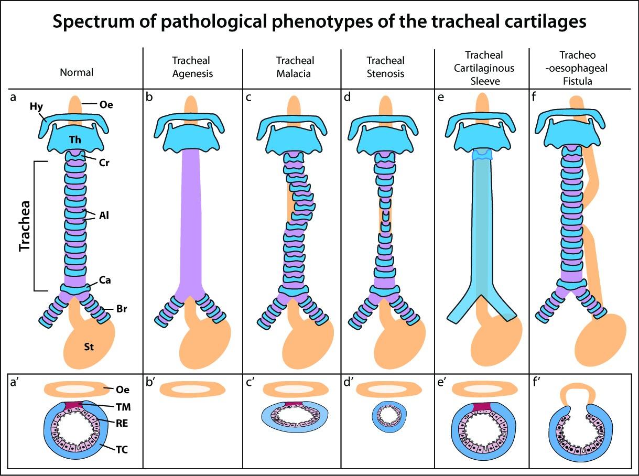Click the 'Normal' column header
pyautogui.click(x=77, y=72)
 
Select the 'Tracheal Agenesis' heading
pyautogui.click(x=192, y=67)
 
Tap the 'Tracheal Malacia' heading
pyautogui.click(x=295, y=67)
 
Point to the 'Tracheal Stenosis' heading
pyautogui.click(x=385, y=67)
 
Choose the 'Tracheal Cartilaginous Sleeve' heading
pyautogui.click(x=484, y=68)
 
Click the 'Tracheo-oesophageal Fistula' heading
pyautogui.click(x=577, y=68)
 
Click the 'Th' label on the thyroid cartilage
pyautogui.click(x=75, y=140)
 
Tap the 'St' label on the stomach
pyautogui.click(x=89, y=347)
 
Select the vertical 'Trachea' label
pyautogui.click(x=25, y=226)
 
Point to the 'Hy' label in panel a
pyautogui.click(x=36, y=107)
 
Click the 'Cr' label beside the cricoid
pyautogui.click(x=104, y=163)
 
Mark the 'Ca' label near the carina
pyautogui.click(x=105, y=280)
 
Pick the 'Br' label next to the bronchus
pyautogui.click(x=122, y=309)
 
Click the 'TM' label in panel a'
pyautogui.click(x=123, y=407)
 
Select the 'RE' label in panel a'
pyautogui.click(x=122, y=423)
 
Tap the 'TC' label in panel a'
pyautogui.click(x=122, y=449)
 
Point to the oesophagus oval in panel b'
pyautogui.click(x=192, y=390)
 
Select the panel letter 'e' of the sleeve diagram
pyautogui.click(x=441, y=98)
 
